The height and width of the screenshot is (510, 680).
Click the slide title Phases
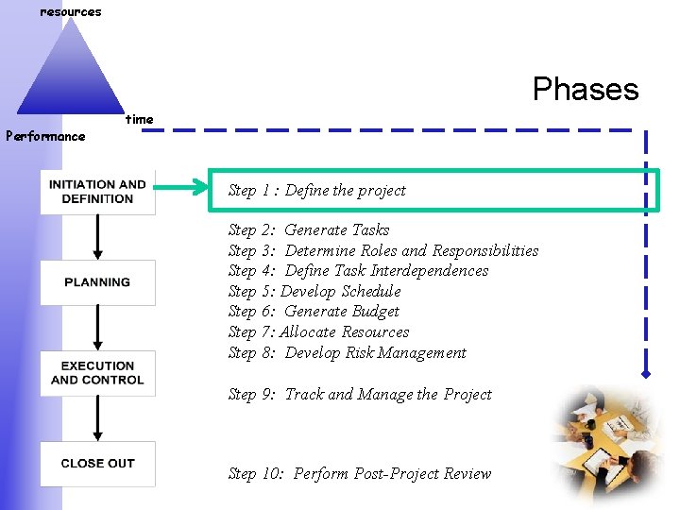coord(586,89)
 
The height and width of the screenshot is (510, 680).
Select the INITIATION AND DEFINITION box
coord(97,192)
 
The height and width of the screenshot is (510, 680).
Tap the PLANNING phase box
coord(97,282)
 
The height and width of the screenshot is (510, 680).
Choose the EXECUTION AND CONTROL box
coord(97,373)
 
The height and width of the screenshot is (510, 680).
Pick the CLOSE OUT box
coord(97,464)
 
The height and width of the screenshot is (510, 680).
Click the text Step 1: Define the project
coord(316,191)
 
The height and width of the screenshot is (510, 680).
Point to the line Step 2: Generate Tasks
coord(309,230)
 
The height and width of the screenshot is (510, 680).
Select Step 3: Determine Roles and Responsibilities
coord(382,251)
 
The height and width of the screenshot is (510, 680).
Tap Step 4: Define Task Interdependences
coord(358,271)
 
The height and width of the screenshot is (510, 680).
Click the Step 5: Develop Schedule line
coord(314,292)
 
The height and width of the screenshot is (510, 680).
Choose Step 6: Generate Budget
coord(314,312)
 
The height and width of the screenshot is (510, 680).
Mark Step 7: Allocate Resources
coord(318,332)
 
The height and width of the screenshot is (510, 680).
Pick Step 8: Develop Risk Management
coord(347,353)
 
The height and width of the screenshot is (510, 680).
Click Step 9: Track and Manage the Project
coord(360,395)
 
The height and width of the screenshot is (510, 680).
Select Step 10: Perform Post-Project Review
coord(360,474)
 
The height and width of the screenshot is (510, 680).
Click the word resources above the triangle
coord(70,12)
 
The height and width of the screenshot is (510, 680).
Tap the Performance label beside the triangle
coord(45,136)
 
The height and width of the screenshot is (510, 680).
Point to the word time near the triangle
coord(139,120)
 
